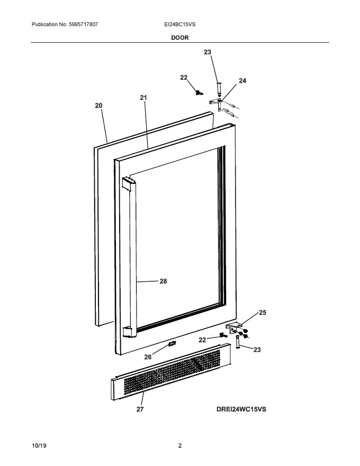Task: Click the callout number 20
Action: click(x=98, y=105)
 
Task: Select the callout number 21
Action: click(x=143, y=97)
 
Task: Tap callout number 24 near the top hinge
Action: click(x=242, y=80)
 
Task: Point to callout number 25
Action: click(x=263, y=312)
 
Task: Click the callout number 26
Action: click(x=148, y=357)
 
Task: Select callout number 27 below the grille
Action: click(x=140, y=409)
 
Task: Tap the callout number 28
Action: click(x=163, y=281)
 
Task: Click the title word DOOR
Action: click(x=179, y=38)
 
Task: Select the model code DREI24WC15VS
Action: click(x=241, y=409)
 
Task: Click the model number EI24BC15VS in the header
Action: click(x=179, y=24)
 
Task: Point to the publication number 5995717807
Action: click(x=83, y=24)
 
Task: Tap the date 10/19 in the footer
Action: click(x=39, y=446)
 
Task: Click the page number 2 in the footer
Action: click(x=179, y=446)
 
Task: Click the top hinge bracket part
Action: click(x=217, y=103)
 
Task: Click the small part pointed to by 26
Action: click(x=172, y=344)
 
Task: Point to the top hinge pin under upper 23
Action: click(x=219, y=89)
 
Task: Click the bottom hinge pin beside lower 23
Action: click(x=238, y=342)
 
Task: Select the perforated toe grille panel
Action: click(x=171, y=372)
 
